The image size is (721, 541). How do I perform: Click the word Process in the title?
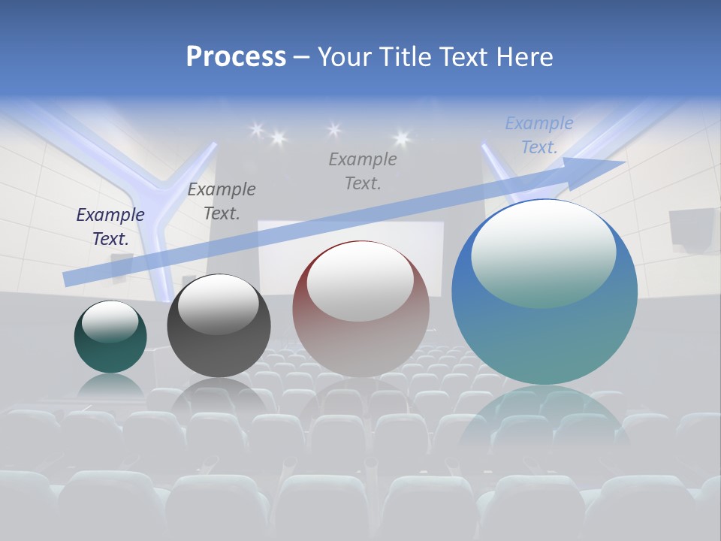236,57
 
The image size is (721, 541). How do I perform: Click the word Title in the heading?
406,57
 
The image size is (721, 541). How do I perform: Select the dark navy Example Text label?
110,227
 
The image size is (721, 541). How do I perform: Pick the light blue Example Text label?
538,135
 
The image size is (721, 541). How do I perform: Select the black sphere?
219,338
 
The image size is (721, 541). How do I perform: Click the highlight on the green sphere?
110,322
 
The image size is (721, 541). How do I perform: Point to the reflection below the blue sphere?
545,421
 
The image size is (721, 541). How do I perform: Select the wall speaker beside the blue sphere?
692,228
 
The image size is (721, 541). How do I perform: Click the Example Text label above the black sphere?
222,201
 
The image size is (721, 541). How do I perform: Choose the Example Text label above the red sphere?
363,171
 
